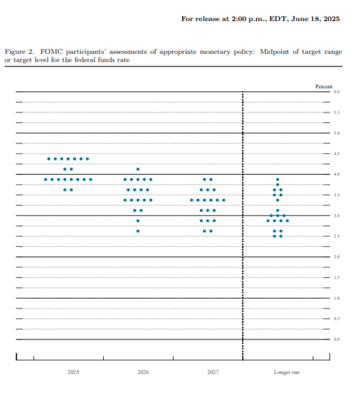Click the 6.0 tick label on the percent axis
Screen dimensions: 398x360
pos(337,92)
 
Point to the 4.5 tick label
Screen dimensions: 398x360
pos(337,154)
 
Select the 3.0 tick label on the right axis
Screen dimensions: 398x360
pos(337,215)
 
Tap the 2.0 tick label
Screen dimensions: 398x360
pos(337,257)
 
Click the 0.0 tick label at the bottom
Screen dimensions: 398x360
pos(337,339)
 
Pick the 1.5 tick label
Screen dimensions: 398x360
pos(337,278)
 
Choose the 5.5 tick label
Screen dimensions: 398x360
pos(337,113)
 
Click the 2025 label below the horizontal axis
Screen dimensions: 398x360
pos(73,372)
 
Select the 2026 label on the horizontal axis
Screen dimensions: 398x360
pos(143,372)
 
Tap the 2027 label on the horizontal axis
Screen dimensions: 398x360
pos(213,372)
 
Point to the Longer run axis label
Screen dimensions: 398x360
pos(286,372)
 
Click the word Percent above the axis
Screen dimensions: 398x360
pos(324,86)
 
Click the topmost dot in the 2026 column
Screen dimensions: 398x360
pos(138,169)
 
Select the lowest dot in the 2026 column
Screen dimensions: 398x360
pos(138,231)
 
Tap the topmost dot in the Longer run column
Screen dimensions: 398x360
pos(278,179)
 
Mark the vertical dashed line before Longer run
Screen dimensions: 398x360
pos(243,240)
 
